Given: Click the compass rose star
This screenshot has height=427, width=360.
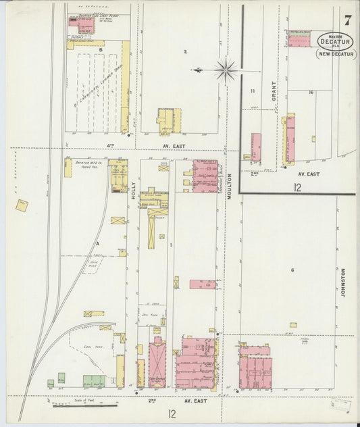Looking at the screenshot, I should tap(225, 68).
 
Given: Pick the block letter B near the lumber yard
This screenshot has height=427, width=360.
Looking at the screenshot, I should tap(101, 50).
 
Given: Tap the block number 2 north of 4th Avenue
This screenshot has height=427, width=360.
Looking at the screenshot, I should tap(184, 51).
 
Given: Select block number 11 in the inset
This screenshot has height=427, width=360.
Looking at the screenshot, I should tap(253, 91).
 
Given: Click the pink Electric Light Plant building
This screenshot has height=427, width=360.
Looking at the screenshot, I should tap(84, 26).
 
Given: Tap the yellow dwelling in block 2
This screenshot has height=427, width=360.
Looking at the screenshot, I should tap(165, 120).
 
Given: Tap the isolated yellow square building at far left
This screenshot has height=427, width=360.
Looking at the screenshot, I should tap(22, 205).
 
